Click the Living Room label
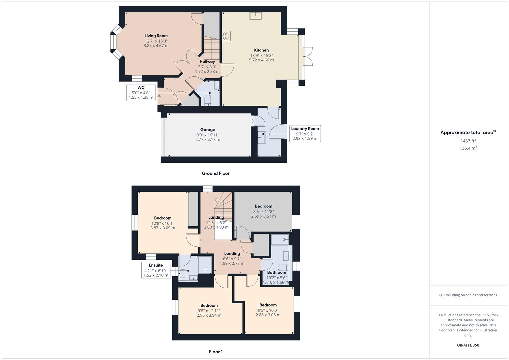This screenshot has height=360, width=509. (156, 36)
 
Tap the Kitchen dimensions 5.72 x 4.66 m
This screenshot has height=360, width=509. (261, 60)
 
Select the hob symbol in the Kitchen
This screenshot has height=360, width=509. (226, 36)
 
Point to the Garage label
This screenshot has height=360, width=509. (208, 130)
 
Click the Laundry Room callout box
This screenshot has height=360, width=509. (305, 133)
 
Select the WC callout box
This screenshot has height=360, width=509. (141, 92)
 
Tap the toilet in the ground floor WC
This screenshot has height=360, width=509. (208, 100)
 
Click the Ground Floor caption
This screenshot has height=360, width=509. (216, 173)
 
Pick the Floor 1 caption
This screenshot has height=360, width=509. (216, 352)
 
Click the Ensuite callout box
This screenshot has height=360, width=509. (156, 270)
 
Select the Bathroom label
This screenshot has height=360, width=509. (276, 272)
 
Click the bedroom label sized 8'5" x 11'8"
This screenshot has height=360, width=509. (263, 206)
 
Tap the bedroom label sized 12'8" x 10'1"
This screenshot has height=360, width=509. (163, 218)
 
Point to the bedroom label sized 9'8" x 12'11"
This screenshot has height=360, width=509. (209, 305)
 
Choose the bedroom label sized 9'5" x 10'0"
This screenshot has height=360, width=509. (268, 305)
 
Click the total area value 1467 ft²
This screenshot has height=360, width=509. (468, 141)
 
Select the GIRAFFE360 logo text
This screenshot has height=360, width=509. (468, 345)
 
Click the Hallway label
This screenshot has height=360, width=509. (207, 62)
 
